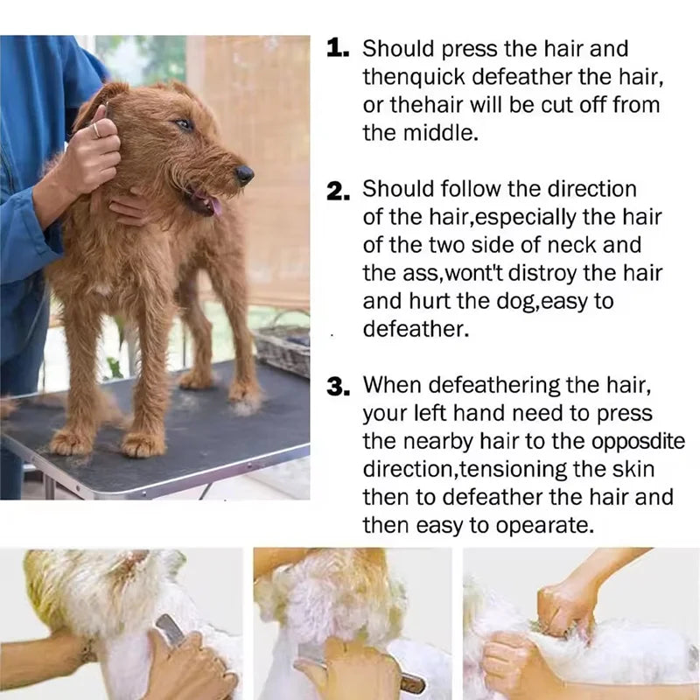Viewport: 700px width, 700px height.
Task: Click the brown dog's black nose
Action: click(x=245, y=174)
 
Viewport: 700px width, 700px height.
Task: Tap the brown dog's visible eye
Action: click(x=184, y=125)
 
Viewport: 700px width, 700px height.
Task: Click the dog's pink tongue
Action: click(x=214, y=206)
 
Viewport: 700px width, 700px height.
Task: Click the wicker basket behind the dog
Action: click(x=282, y=348)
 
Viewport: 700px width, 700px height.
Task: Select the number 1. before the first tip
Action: click(x=339, y=50)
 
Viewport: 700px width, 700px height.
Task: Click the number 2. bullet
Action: click(x=339, y=192)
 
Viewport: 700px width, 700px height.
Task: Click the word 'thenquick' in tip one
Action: click(x=415, y=77)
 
